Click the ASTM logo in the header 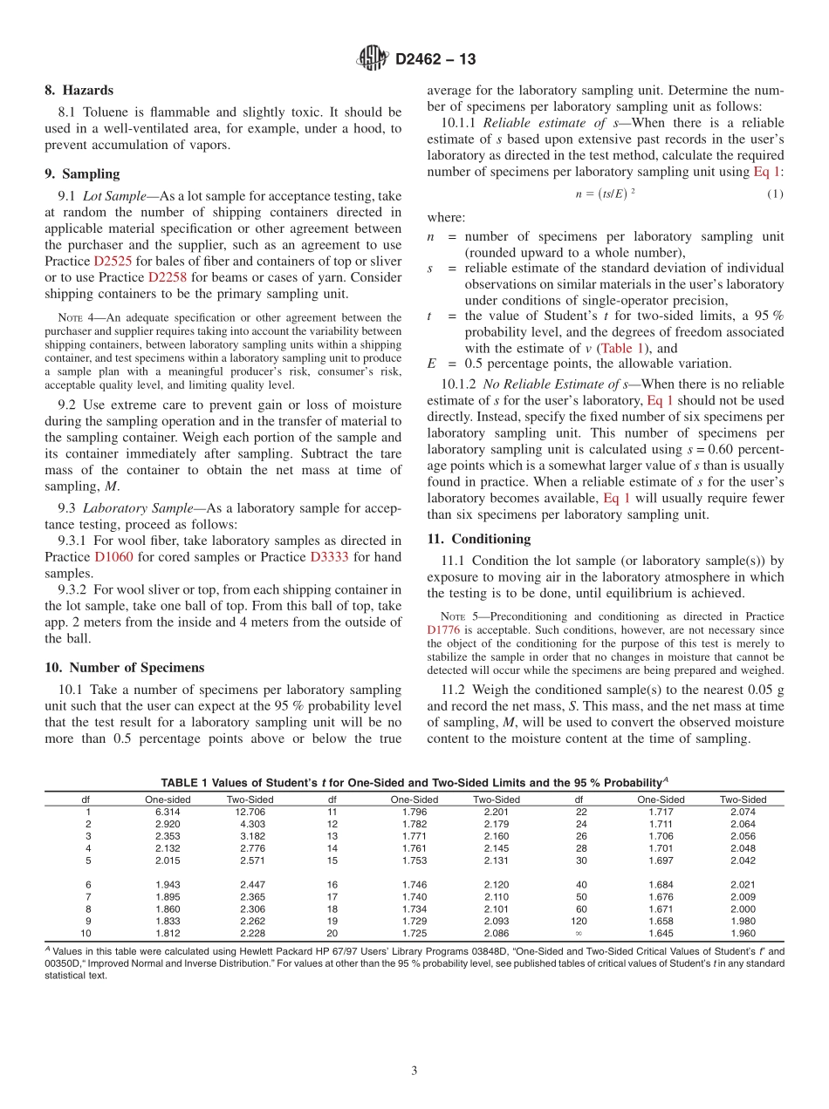[x=373, y=58]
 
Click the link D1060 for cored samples [x=113, y=556]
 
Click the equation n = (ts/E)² [x=606, y=193]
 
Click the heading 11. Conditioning [x=478, y=539]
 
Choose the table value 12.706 [x=250, y=812]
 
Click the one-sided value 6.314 [x=168, y=812]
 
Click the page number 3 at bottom [x=414, y=1071]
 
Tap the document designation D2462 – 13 [x=436, y=59]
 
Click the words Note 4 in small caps [x=73, y=317]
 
